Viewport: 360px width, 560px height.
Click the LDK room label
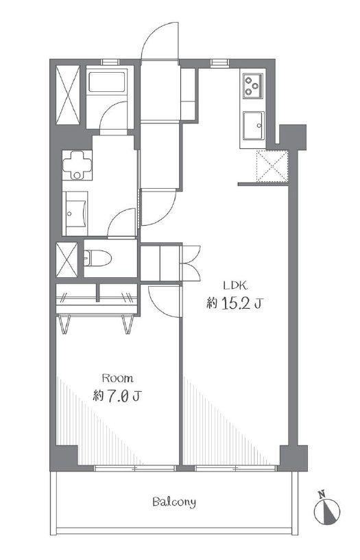point(235,285)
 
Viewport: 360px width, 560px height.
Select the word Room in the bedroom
point(118,378)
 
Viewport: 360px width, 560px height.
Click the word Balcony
point(174,502)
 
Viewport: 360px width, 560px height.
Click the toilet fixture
point(97,258)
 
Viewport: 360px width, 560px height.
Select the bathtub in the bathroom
point(107,82)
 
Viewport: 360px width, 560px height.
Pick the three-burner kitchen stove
point(252,86)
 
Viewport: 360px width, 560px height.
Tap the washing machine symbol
point(77,165)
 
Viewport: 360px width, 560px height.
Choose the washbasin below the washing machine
point(76,213)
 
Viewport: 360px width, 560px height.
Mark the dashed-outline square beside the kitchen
point(272,166)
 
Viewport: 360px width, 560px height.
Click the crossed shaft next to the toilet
point(67,259)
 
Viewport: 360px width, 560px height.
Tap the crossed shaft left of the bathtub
point(68,95)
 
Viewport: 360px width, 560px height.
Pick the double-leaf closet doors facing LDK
point(191,264)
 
